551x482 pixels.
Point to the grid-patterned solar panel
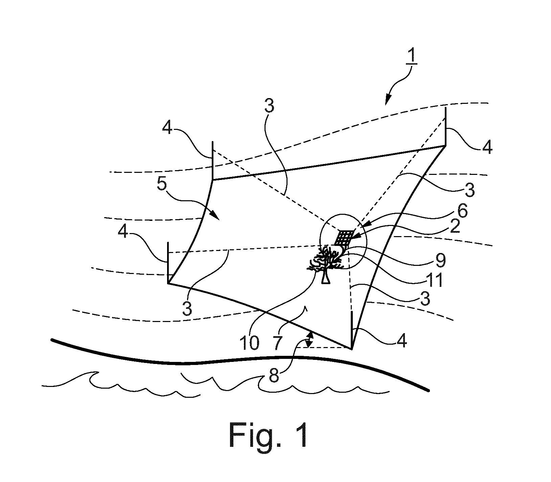point(344,238)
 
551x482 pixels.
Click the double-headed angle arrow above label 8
point(309,339)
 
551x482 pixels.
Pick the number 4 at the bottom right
point(401,341)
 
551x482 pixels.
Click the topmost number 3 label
point(269,107)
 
